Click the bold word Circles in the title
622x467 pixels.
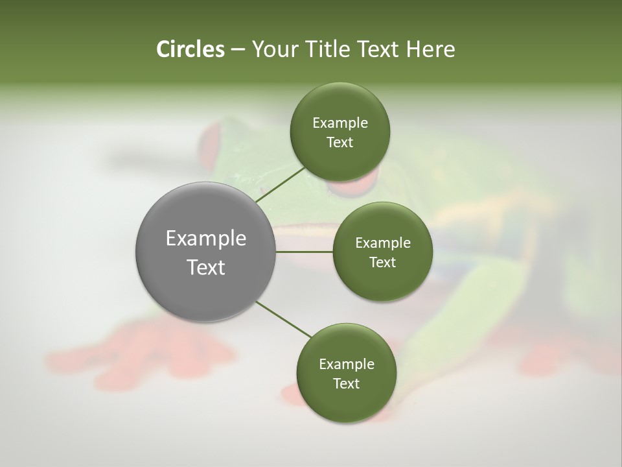(190, 49)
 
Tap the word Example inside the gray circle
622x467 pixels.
(206, 239)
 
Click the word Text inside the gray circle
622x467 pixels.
(206, 267)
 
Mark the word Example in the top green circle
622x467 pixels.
(340, 123)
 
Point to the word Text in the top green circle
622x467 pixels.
(340, 143)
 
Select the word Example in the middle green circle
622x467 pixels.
(383, 243)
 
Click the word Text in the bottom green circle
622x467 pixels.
(346, 384)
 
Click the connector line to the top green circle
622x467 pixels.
(280, 185)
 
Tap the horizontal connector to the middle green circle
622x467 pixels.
(304, 252)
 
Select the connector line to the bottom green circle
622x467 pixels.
(284, 319)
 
